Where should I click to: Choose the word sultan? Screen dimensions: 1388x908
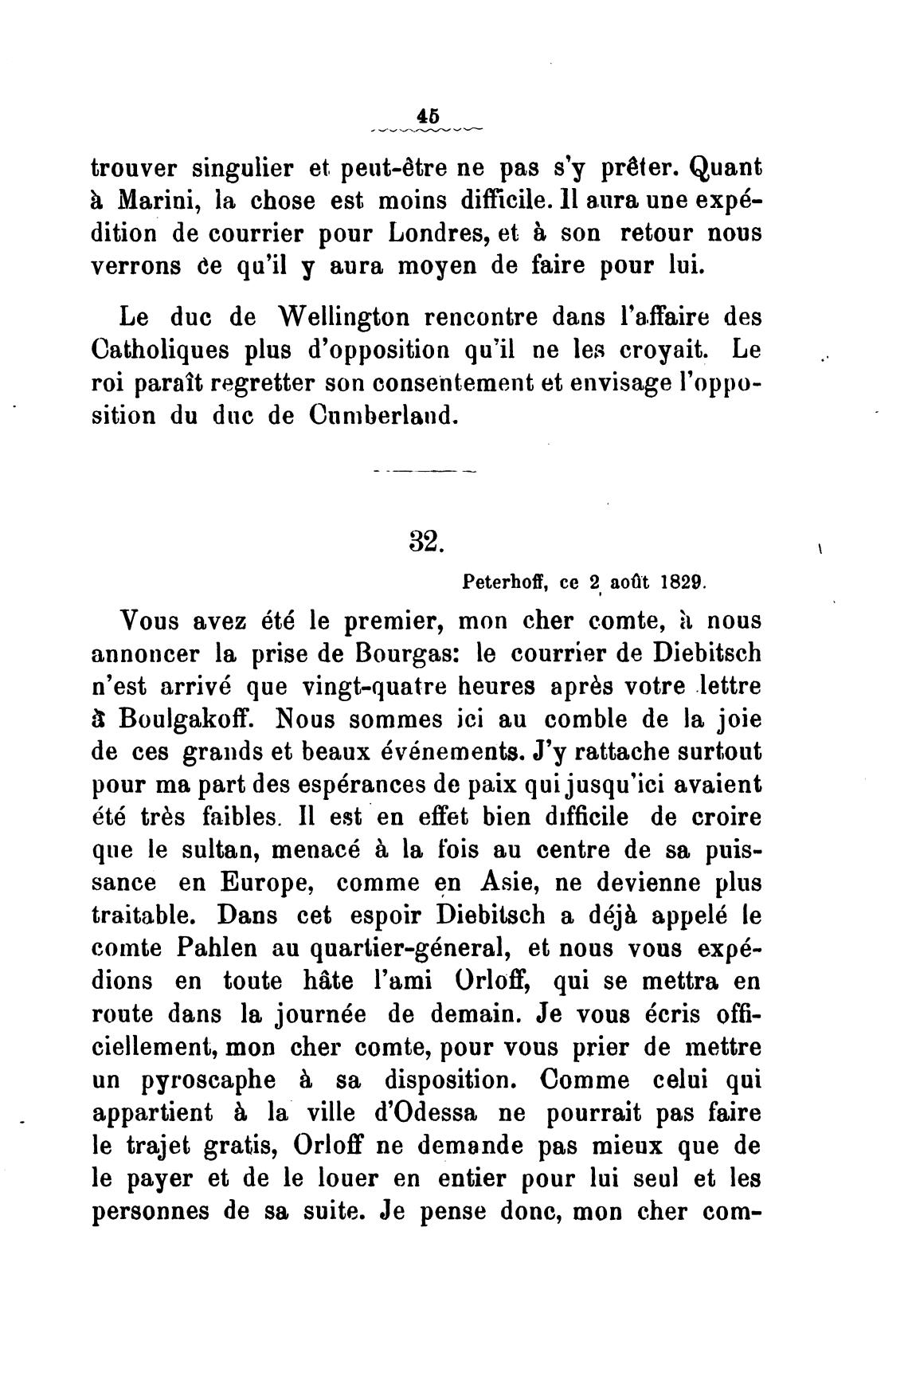205,850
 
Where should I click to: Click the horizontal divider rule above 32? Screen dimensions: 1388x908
425,471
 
